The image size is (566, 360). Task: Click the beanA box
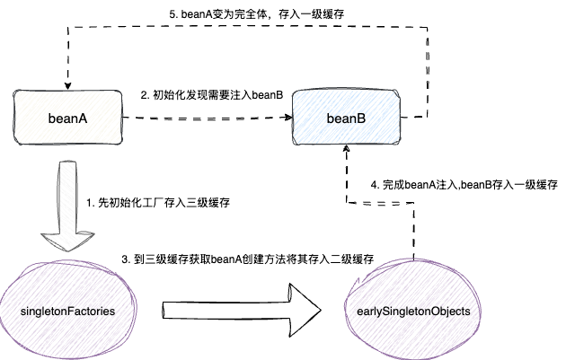point(68,117)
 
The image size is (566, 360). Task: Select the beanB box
point(345,118)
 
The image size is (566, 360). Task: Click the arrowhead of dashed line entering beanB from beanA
point(288,117)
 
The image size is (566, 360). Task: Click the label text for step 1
point(158,203)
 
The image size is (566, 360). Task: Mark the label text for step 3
point(247,259)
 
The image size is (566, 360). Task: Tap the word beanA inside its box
point(68,117)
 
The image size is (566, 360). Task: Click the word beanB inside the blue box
point(345,118)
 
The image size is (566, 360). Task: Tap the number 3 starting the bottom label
point(125,259)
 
